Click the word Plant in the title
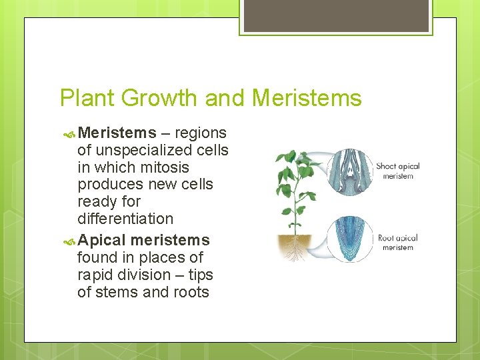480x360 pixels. pyautogui.click(x=85, y=98)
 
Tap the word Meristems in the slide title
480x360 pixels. pyautogui.click(x=307, y=98)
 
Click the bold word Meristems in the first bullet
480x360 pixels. pyautogui.click(x=117, y=133)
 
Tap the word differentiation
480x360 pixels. pyautogui.click(x=125, y=219)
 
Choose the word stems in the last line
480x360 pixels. pyautogui.click(x=118, y=292)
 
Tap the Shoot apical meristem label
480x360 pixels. pyautogui.click(x=398, y=171)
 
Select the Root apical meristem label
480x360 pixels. pyautogui.click(x=397, y=243)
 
